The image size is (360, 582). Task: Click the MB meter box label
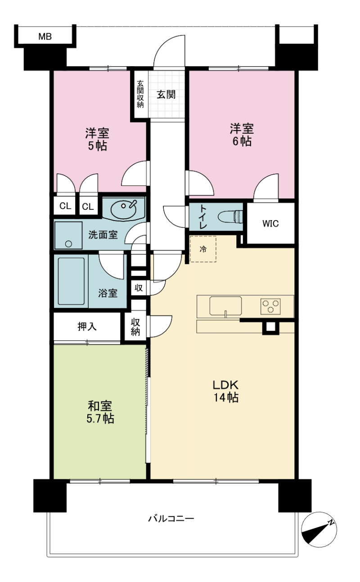pyautogui.click(x=45, y=36)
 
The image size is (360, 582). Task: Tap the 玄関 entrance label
pyautogui.click(x=166, y=95)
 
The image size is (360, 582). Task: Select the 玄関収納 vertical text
pyautogui.click(x=140, y=94)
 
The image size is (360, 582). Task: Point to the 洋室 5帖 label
pyautogui.click(x=97, y=140)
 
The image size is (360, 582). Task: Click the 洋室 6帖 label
pyautogui.click(x=242, y=135)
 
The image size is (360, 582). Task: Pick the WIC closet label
pyautogui.click(x=270, y=223)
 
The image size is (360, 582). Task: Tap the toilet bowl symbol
pyautogui.click(x=230, y=217)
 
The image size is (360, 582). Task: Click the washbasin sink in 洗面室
pyautogui.click(x=124, y=209)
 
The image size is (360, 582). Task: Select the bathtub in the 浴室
pyautogui.click(x=71, y=281)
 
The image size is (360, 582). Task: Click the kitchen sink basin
pyautogui.click(x=225, y=306)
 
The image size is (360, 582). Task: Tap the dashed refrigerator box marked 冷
pyautogui.click(x=203, y=249)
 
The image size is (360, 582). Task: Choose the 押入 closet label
pyautogui.click(x=87, y=327)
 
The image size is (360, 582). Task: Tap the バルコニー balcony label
pyautogui.click(x=171, y=519)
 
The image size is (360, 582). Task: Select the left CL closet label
pyautogui.click(x=65, y=206)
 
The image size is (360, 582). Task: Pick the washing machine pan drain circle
pyautogui.click(x=68, y=244)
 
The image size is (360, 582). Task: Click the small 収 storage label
pyautogui.click(x=139, y=288)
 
